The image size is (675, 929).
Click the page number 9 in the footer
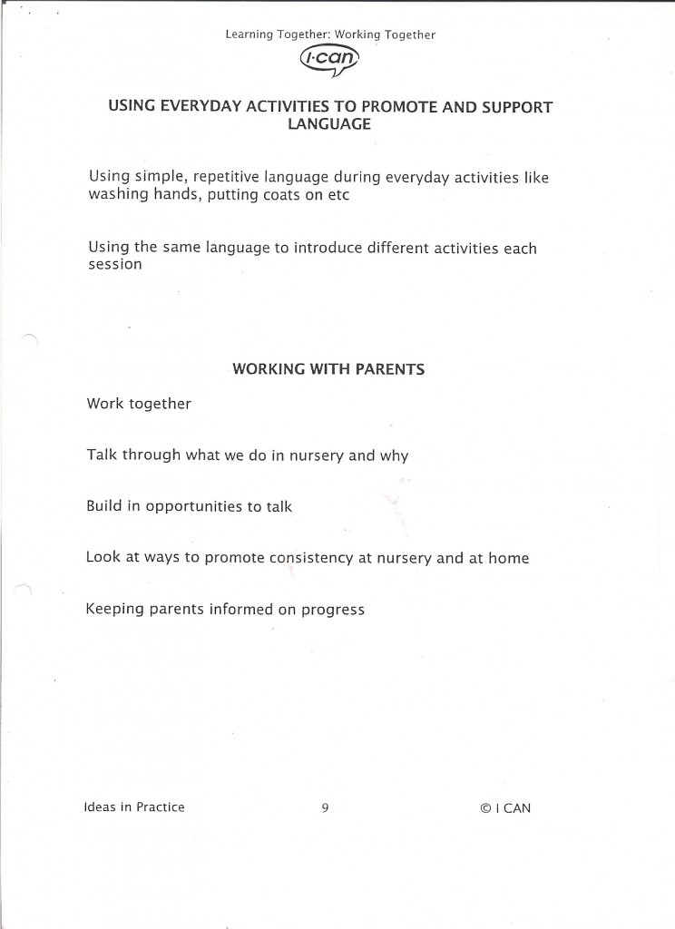click(x=324, y=807)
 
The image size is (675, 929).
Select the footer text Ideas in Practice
click(x=134, y=807)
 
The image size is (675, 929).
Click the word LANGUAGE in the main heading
click(x=329, y=124)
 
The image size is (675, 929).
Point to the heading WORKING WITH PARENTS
click(x=329, y=369)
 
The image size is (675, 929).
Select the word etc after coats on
click(x=337, y=196)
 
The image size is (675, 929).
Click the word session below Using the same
click(x=114, y=265)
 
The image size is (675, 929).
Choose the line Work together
click(x=139, y=404)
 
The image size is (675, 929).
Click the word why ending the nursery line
click(x=394, y=455)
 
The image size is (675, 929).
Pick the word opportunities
click(x=193, y=507)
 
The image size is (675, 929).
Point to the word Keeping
click(x=114, y=610)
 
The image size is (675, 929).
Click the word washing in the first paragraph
click(x=115, y=196)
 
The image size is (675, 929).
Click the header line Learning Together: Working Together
click(x=331, y=35)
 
